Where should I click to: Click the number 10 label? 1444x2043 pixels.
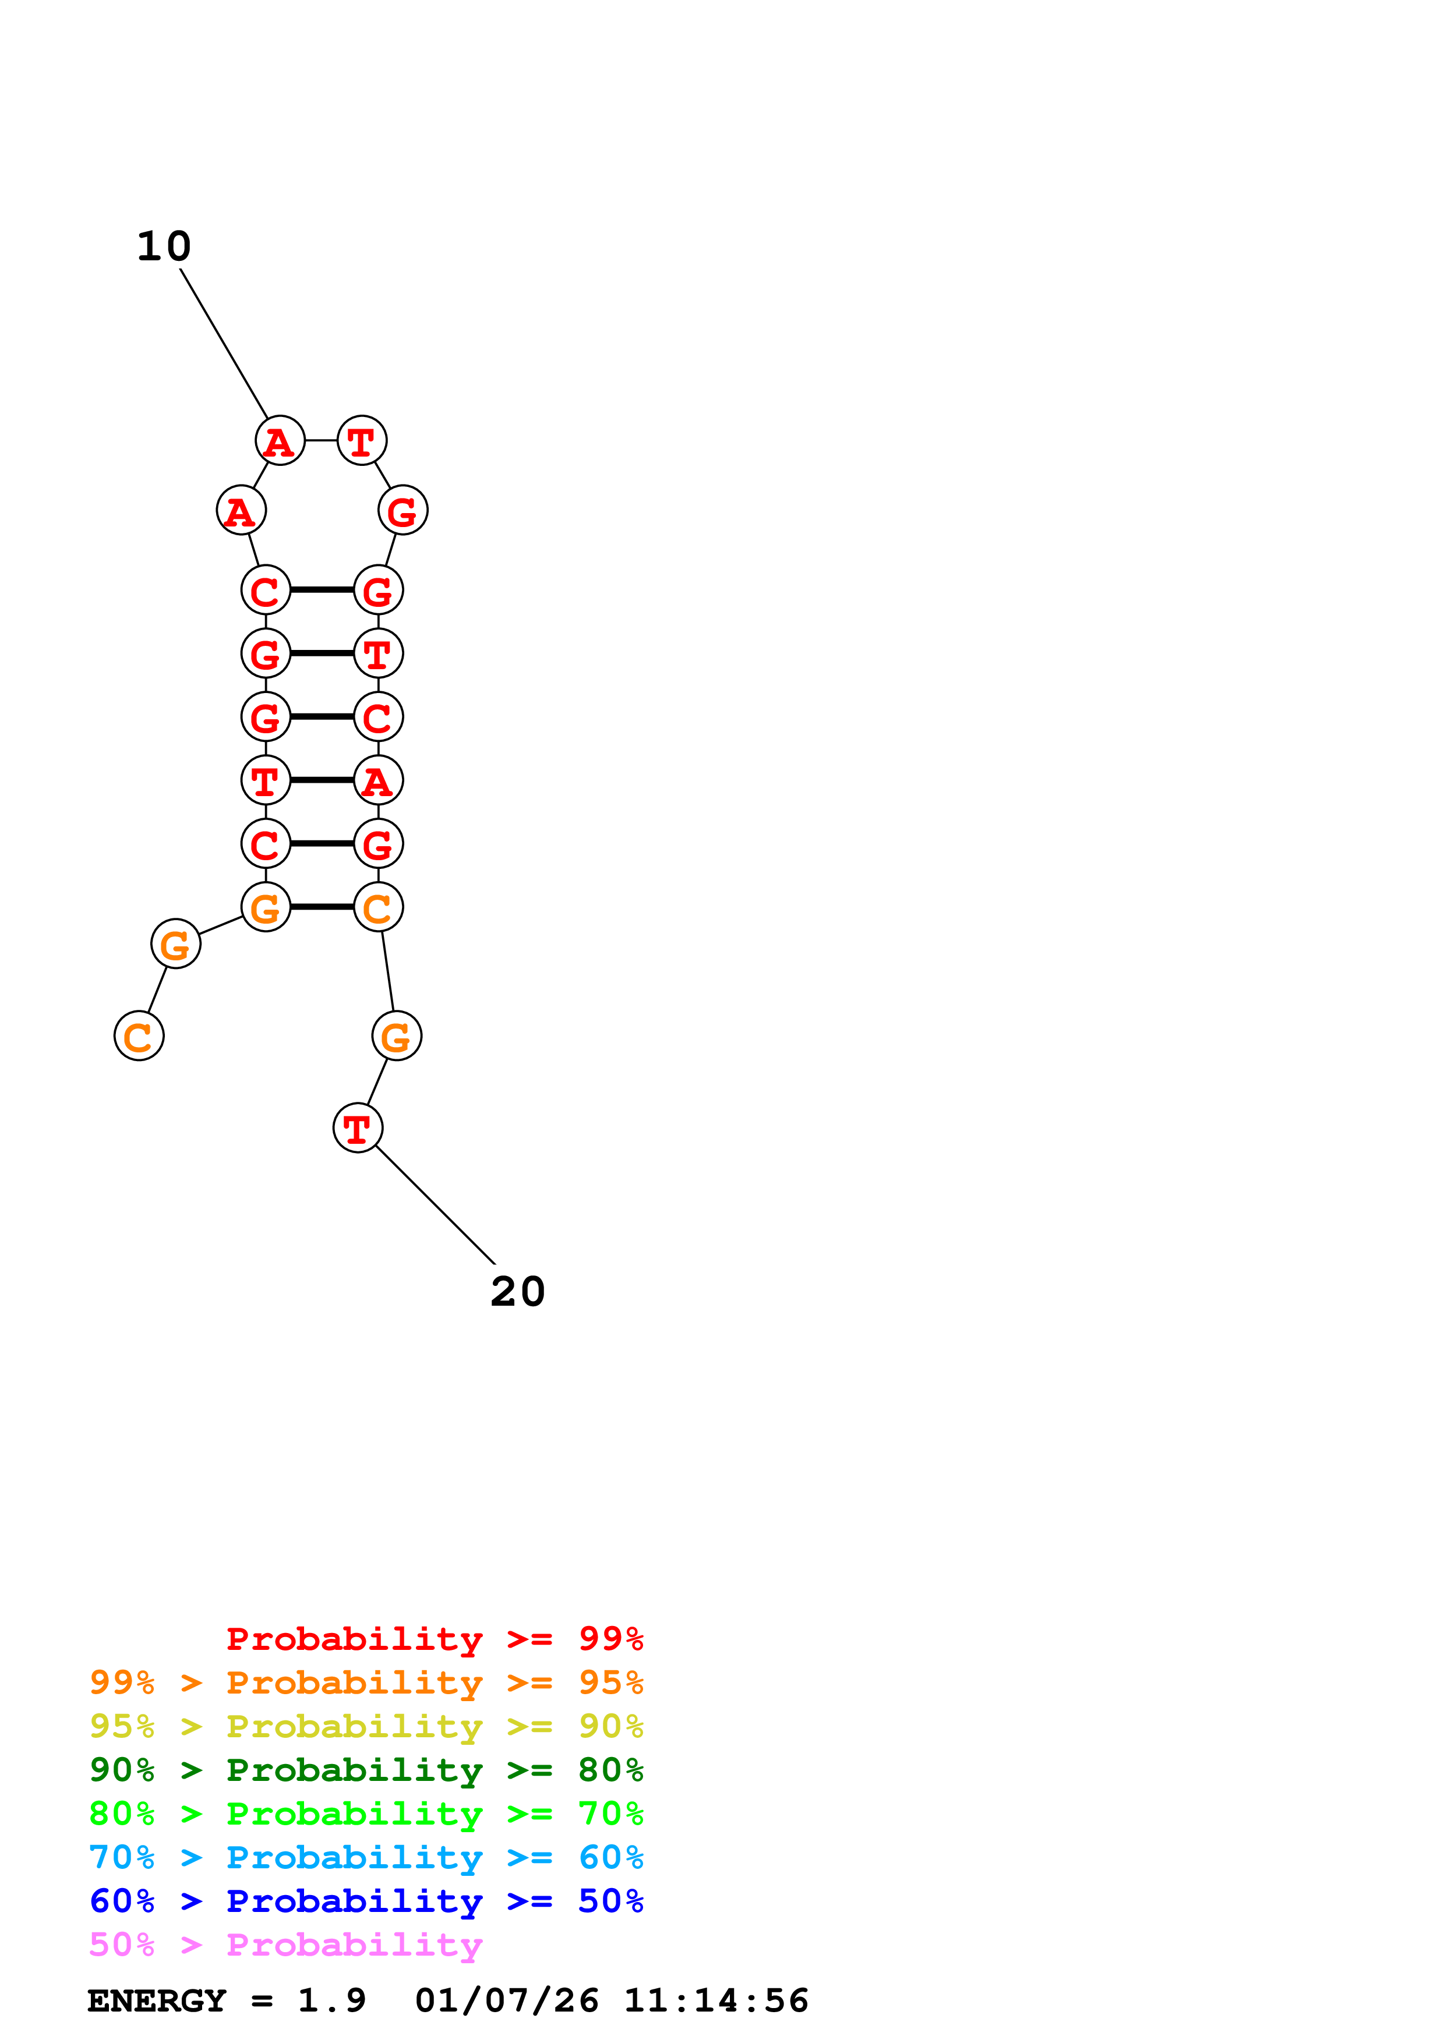164,246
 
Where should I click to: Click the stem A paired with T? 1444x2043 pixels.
378,780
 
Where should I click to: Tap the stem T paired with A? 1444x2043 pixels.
265,780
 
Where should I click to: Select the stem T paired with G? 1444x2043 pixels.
378,653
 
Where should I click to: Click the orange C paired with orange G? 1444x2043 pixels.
378,907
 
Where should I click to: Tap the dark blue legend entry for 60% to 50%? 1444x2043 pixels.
366,1901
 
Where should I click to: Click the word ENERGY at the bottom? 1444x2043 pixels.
157,2000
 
